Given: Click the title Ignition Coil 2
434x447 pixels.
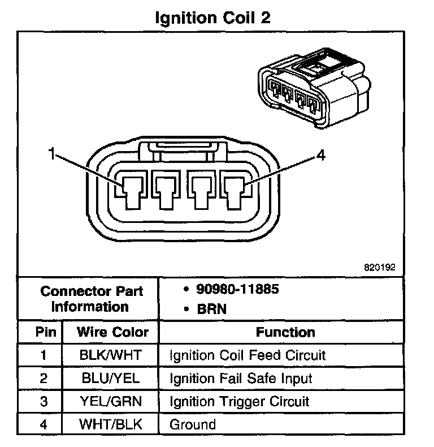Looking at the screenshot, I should [213, 18].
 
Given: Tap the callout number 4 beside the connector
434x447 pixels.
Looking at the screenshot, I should [320, 156].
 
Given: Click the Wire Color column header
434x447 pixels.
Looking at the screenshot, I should [112, 332].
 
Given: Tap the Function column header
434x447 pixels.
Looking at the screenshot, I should [285, 332].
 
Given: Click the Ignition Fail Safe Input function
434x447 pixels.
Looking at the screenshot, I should [241, 379].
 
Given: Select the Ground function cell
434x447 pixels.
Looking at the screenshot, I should [193, 424].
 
